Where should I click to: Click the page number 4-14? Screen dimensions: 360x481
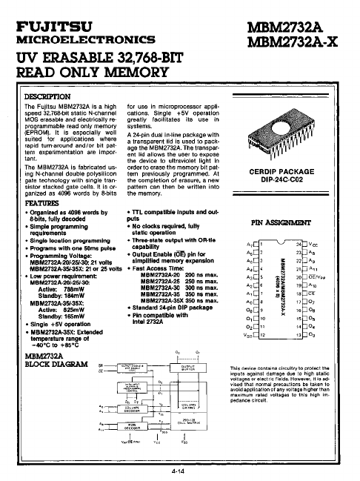(176, 470)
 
